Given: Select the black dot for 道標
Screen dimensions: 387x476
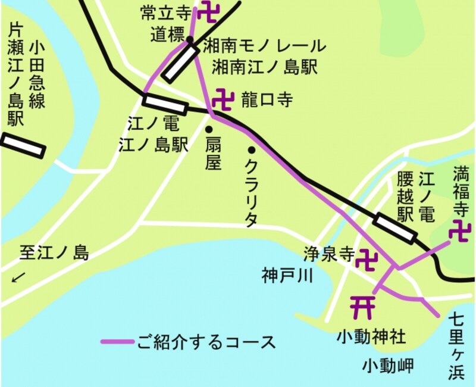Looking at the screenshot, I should [x=190, y=40].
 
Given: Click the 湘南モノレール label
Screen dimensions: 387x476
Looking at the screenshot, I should [x=265, y=45].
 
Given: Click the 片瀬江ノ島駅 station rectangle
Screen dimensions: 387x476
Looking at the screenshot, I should [x=23, y=145].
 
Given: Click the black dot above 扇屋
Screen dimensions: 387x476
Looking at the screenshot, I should [x=209, y=129].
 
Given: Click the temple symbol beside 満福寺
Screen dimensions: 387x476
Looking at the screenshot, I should [x=460, y=230].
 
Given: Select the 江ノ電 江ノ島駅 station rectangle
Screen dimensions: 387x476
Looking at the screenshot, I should [x=165, y=104].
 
